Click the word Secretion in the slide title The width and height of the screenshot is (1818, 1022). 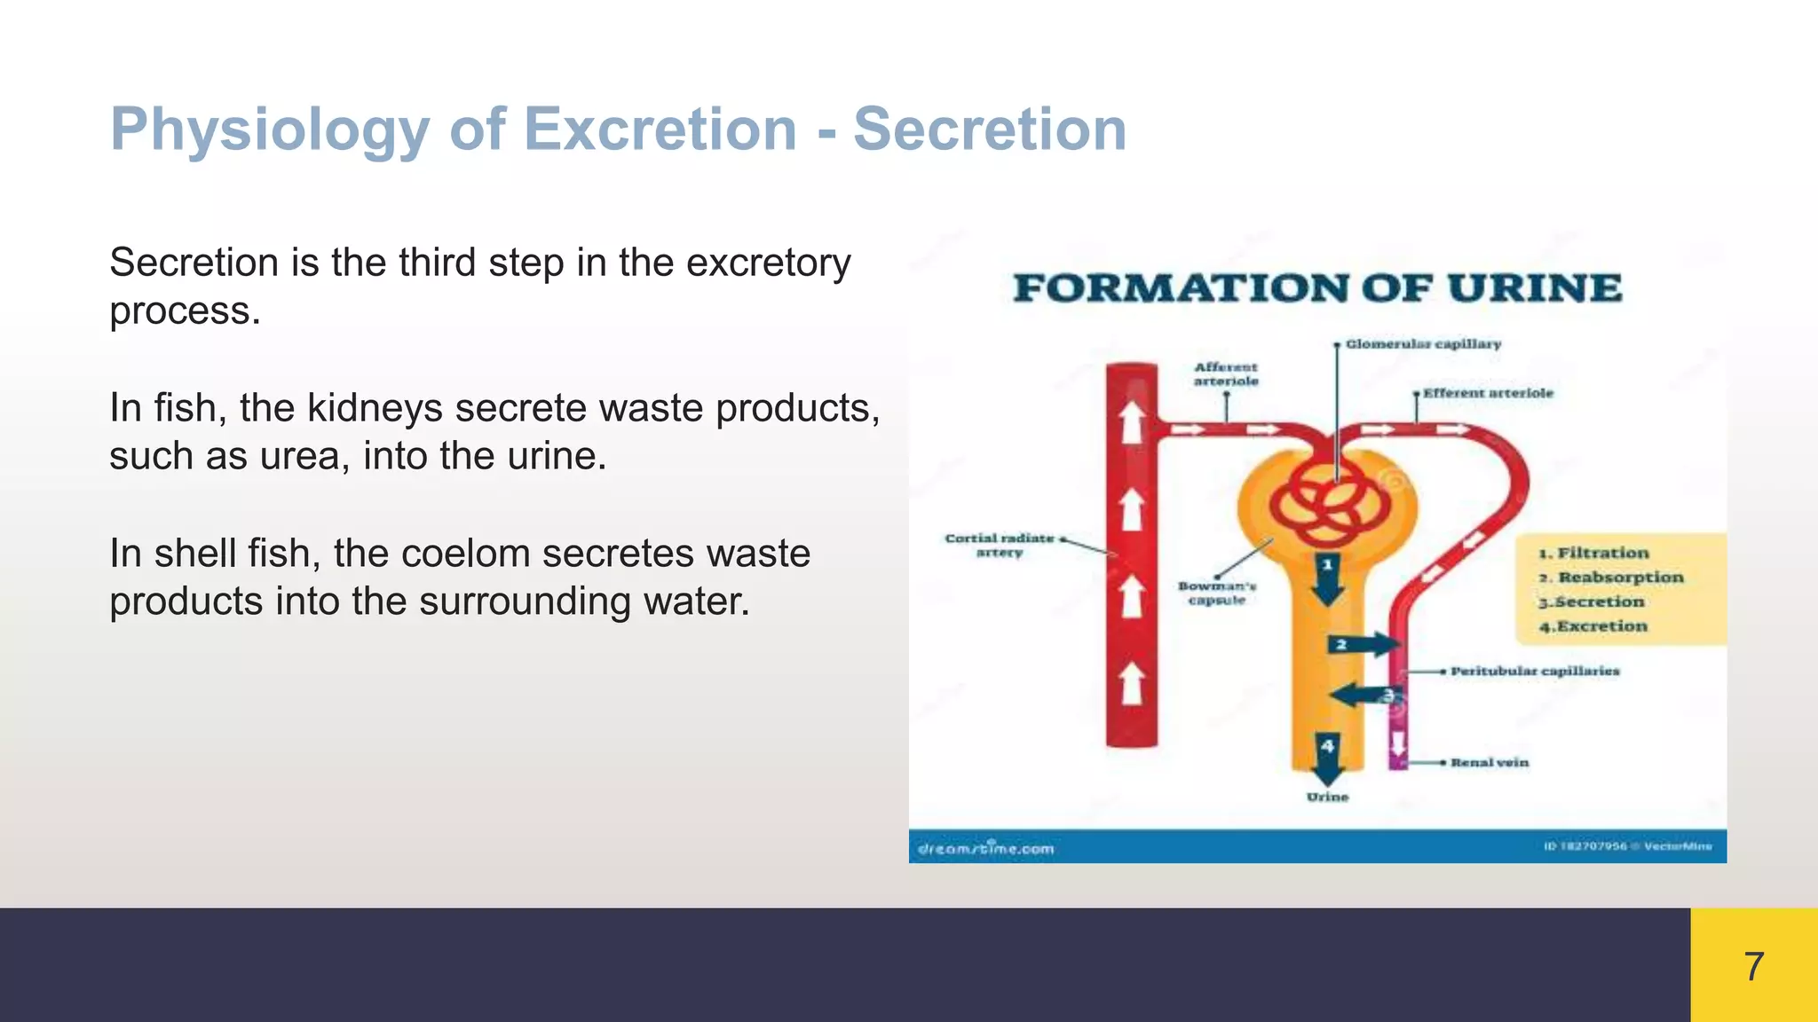click(989, 130)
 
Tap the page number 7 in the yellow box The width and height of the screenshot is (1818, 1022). click(1753, 966)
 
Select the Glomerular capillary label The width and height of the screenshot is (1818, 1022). click(1422, 344)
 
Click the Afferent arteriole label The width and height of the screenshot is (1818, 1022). click(1226, 373)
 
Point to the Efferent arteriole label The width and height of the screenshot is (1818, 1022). click(1488, 393)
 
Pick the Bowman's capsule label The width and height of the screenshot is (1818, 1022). click(1217, 593)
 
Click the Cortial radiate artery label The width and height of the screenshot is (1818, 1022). click(1000, 545)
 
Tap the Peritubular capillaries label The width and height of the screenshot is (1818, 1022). click(1535, 672)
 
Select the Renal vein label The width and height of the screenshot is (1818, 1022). click(1490, 763)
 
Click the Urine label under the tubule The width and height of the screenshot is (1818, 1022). click(1327, 798)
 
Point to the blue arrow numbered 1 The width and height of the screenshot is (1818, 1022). click(1328, 578)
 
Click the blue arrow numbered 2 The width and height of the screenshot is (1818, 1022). click(1363, 645)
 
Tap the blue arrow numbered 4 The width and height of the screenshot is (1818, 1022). click(1327, 759)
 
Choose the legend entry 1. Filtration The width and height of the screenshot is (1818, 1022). click(1593, 553)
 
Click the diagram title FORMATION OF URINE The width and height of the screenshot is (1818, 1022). click(1317, 289)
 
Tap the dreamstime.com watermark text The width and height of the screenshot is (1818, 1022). click(985, 849)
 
